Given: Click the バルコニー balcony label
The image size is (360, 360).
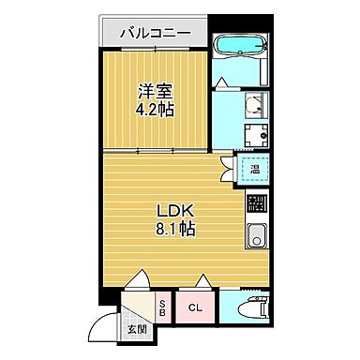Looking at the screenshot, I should point(155,34).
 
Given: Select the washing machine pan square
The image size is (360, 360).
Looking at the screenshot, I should point(255,135).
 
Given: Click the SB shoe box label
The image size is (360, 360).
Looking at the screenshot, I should point(161,307).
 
